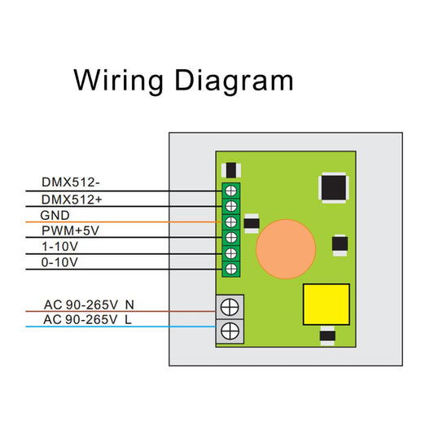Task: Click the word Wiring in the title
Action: point(118,81)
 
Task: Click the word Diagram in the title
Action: point(235,81)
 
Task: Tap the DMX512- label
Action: point(71,182)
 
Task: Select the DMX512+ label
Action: point(72,199)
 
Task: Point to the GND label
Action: point(55,215)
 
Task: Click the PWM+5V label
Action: point(70,230)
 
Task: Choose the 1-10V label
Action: point(59,247)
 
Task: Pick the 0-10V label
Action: point(59,262)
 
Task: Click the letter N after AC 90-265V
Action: point(129,305)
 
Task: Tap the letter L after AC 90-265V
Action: point(128,320)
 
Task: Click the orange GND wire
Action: point(124,222)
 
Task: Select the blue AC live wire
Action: point(121,327)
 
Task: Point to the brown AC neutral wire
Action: point(121,311)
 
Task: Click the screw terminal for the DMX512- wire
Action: point(231,191)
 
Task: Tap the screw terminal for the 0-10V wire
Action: point(231,269)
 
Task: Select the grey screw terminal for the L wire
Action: point(230,331)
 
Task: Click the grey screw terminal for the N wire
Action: point(230,307)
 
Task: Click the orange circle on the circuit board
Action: point(286,249)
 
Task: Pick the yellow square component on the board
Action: point(327,305)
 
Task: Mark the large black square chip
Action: point(334,188)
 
